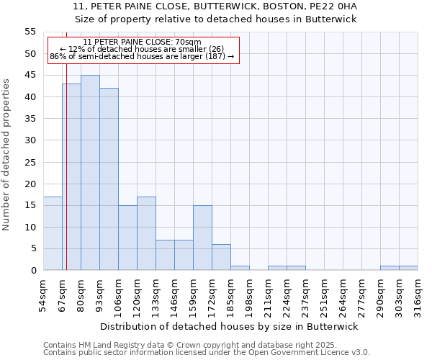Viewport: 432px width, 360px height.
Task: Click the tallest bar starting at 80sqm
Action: click(90, 173)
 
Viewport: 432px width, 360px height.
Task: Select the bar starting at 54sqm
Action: click(53, 233)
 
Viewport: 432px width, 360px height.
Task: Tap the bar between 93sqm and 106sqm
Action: click(109, 179)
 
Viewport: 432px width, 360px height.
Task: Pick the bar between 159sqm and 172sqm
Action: click(202, 238)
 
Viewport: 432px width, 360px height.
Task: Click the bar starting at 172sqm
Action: click(221, 257)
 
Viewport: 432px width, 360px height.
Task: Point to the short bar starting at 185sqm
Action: click(240, 268)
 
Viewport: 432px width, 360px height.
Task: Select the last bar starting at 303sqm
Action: click(408, 268)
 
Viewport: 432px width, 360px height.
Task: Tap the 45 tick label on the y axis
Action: click(30, 76)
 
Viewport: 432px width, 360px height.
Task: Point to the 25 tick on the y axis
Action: click(30, 162)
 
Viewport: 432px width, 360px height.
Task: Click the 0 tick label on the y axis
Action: click(32, 271)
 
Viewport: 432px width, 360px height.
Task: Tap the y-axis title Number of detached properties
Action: click(7, 154)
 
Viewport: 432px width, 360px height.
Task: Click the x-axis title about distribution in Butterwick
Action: click(229, 326)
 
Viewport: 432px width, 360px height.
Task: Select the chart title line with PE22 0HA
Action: click(215, 6)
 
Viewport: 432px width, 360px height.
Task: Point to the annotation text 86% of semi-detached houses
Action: click(142, 56)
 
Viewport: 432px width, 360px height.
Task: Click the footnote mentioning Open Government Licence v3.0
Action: click(207, 353)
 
